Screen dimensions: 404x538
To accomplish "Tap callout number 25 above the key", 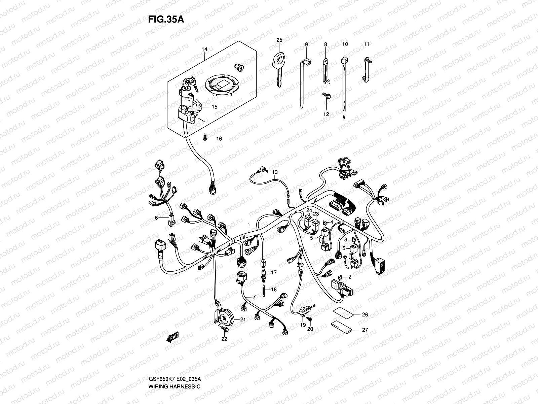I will (x=279, y=40).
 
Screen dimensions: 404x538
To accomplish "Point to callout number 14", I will (x=205, y=49).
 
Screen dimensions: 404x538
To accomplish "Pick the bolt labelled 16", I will (x=205, y=137).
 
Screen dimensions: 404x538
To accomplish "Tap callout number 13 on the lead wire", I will (x=275, y=172).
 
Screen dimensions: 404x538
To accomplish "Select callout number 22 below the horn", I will (x=224, y=339).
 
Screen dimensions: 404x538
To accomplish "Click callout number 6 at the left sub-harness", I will (x=156, y=218).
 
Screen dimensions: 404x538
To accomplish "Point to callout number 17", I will (x=274, y=272).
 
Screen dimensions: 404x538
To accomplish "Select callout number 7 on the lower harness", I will (x=254, y=296).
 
